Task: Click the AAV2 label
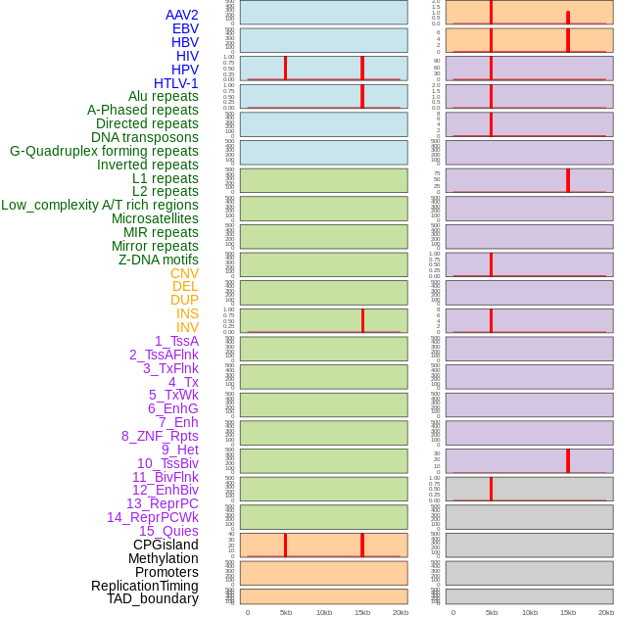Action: point(181,15)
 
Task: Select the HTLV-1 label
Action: point(175,83)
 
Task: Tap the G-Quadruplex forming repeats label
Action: point(104,151)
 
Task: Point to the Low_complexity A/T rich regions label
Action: point(100,205)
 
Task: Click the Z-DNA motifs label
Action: point(159,260)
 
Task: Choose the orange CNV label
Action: point(184,273)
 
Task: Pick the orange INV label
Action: point(187,327)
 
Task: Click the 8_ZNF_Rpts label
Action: point(160,436)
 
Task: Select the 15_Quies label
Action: point(168,531)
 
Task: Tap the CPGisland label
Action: point(166,545)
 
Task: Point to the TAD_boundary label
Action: point(153,598)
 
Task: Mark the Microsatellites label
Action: point(155,218)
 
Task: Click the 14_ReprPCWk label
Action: point(153,517)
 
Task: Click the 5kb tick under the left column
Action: point(286,612)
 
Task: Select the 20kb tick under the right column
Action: point(606,612)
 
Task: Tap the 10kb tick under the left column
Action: point(324,612)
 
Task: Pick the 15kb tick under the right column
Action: point(568,612)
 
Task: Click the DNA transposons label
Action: point(145,137)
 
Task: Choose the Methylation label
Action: point(164,558)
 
